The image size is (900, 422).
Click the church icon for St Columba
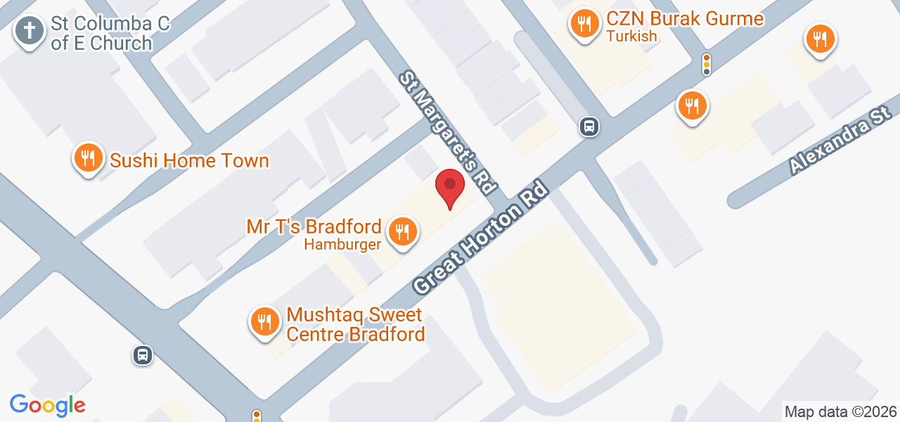(x=30, y=31)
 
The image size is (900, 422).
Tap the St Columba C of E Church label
(x=110, y=33)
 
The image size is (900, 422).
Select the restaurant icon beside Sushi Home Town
(x=88, y=158)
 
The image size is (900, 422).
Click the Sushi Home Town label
(x=189, y=160)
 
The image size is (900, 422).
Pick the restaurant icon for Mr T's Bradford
(x=402, y=231)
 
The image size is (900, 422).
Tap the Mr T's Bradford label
(x=314, y=226)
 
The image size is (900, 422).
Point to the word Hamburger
(x=342, y=245)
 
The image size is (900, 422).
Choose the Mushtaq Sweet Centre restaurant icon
(x=264, y=322)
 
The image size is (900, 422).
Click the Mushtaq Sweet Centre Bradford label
(x=356, y=324)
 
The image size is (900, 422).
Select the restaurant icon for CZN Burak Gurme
(x=584, y=25)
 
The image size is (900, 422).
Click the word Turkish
(x=631, y=37)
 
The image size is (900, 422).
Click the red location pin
(x=450, y=188)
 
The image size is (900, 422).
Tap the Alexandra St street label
(x=840, y=140)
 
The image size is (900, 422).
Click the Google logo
(x=47, y=406)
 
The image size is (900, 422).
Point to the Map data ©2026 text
(x=841, y=412)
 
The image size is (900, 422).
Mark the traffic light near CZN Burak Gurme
(x=707, y=64)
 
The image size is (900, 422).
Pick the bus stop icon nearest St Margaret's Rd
(x=589, y=127)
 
